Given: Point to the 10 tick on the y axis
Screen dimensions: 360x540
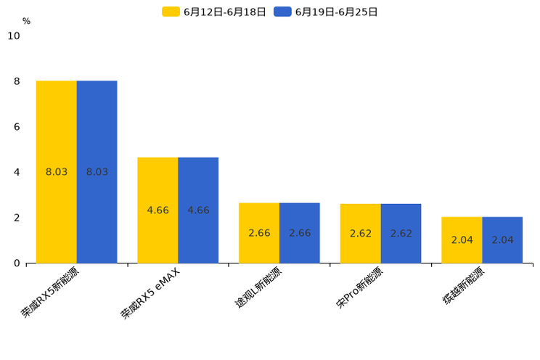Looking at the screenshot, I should click(x=14, y=36).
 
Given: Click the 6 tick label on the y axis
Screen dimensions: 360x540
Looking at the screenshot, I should click(x=17, y=127).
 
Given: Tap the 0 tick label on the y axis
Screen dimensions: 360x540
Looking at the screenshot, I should click(x=17, y=263).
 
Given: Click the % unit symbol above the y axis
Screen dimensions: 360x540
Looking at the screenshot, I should click(x=26, y=21).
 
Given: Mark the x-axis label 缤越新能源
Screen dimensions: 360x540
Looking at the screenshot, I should click(x=464, y=286).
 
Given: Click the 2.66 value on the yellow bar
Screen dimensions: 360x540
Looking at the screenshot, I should click(x=259, y=233).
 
